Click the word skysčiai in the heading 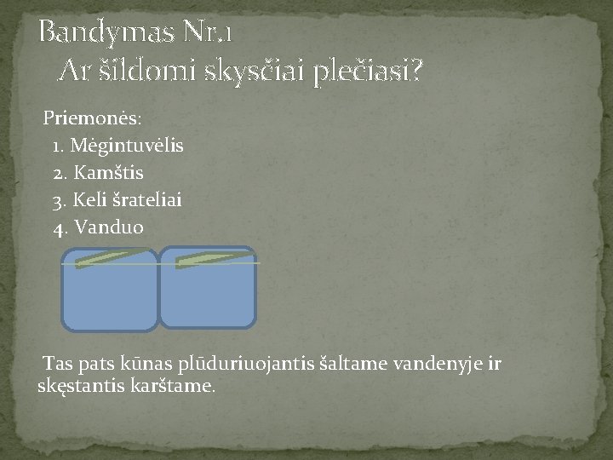255,73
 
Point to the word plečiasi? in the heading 367,73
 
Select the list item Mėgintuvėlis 127,145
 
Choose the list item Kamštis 115,173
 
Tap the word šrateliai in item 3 146,200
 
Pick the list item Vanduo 110,227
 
